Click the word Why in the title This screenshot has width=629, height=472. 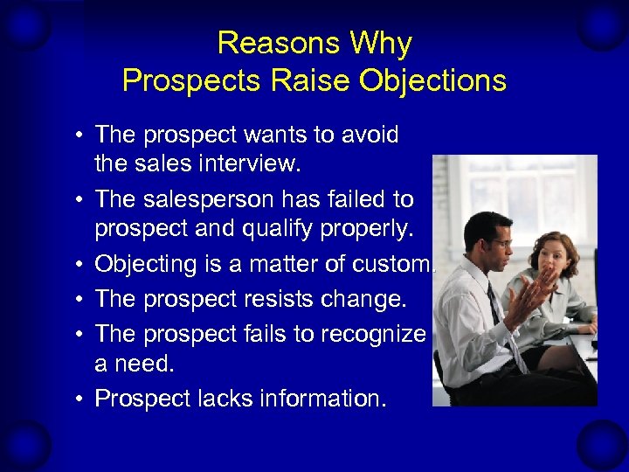[x=381, y=43]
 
